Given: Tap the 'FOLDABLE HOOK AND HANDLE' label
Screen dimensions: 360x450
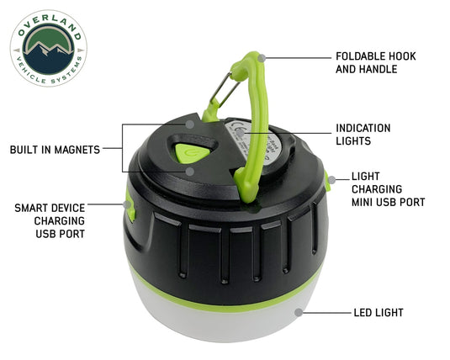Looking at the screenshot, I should click(375, 62).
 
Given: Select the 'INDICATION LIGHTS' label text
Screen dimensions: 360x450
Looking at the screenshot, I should click(363, 135).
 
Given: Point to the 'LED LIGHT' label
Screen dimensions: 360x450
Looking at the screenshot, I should click(378, 313).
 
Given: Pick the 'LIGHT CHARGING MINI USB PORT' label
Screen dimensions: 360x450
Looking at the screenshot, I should click(387, 190).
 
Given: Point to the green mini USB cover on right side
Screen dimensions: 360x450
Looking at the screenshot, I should click(326, 178).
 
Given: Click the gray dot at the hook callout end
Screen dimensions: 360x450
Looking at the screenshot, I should click(262, 57).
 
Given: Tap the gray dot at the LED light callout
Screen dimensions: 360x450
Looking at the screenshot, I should click(299, 312).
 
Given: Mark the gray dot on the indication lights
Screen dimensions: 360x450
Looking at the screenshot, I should click(239, 133).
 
